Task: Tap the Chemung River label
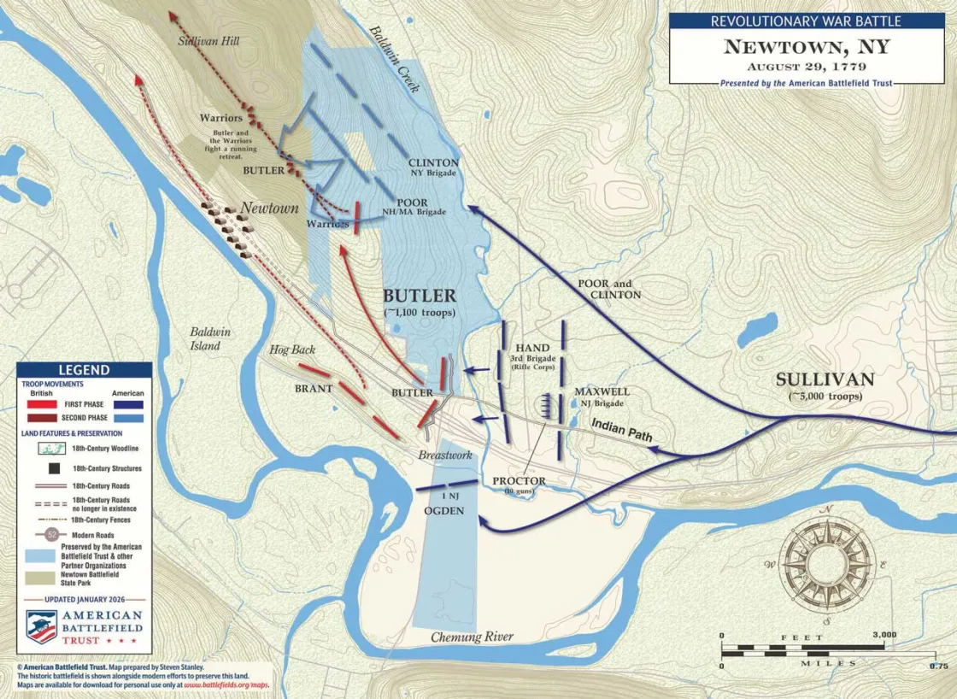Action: click(472, 637)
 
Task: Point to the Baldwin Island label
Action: click(205, 339)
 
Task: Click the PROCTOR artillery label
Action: click(519, 485)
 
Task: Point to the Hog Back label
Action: click(291, 349)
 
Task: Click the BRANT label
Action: click(314, 388)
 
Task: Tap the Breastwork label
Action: click(444, 455)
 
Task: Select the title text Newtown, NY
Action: click(806, 46)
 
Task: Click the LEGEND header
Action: click(84, 370)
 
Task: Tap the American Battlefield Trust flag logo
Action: click(41, 626)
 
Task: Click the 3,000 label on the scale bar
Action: click(884, 635)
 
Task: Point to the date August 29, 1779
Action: click(806, 67)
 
